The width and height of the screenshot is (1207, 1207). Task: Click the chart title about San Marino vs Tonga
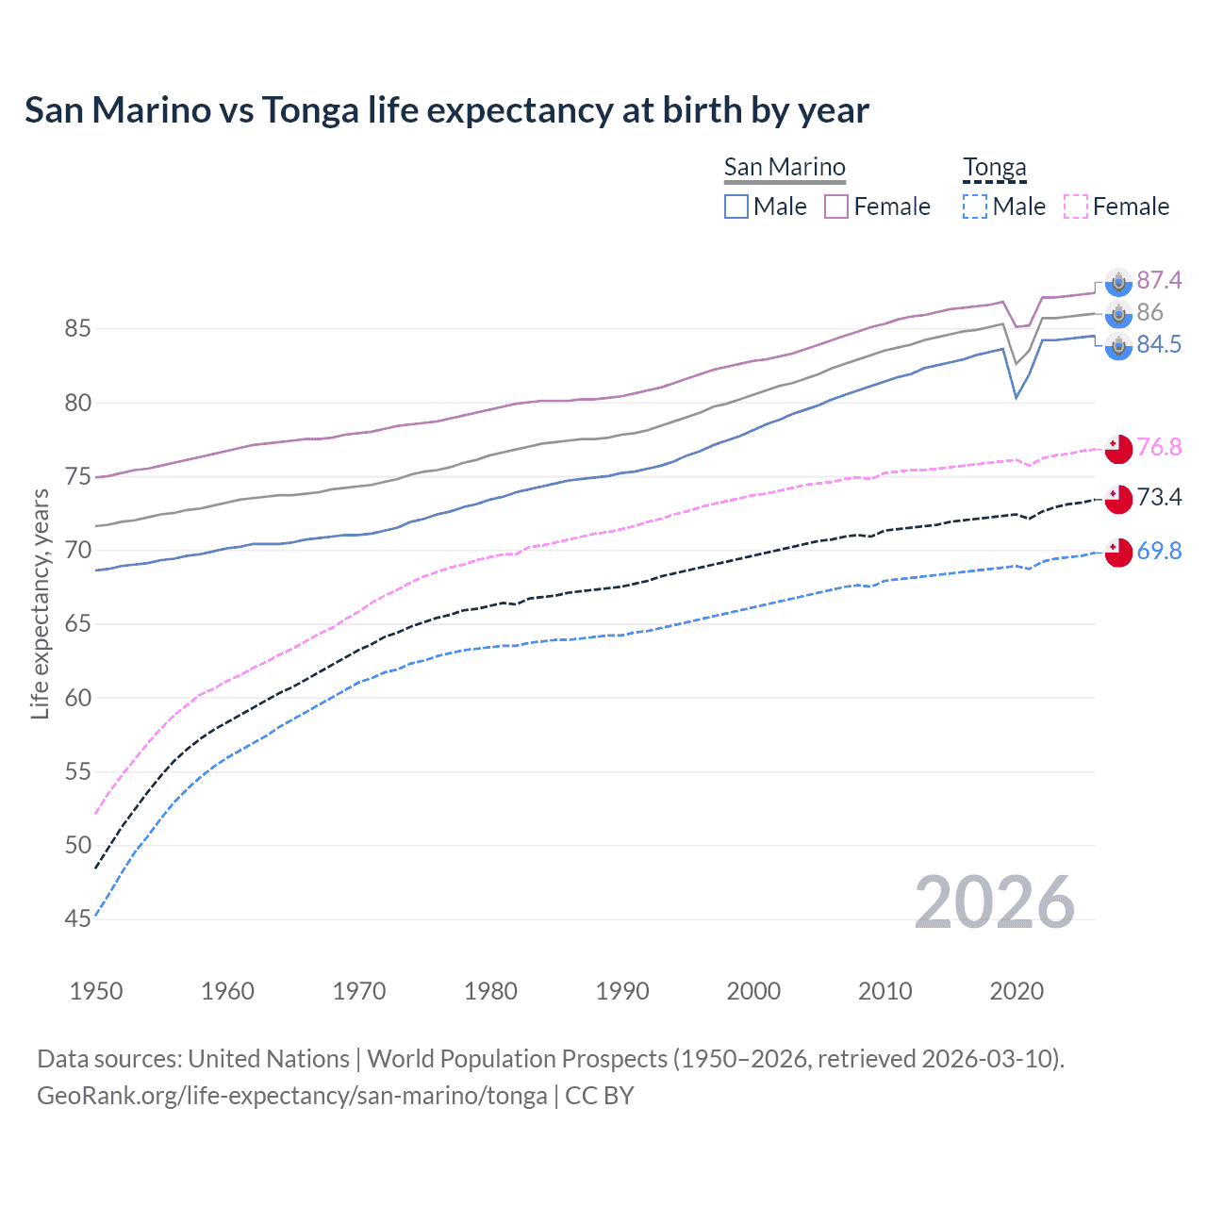(446, 110)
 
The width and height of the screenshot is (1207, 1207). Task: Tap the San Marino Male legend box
(736, 207)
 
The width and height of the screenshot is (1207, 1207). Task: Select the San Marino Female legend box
(836, 207)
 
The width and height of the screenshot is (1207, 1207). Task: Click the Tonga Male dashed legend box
(975, 207)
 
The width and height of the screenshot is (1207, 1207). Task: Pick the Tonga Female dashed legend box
(1076, 207)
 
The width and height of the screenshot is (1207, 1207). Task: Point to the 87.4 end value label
(1159, 280)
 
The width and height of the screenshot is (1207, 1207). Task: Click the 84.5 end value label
(1159, 344)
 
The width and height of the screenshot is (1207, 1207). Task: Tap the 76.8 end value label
(1159, 447)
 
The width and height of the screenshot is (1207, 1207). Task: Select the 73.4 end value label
(1159, 497)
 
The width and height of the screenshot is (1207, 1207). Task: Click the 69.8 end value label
(1159, 551)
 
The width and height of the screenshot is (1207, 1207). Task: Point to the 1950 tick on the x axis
(96, 991)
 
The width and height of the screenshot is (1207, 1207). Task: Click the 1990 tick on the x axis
(622, 991)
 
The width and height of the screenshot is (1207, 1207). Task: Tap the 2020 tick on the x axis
(1017, 991)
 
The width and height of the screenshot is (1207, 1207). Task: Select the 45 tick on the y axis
(78, 918)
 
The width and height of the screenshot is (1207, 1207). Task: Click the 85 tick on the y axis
(78, 329)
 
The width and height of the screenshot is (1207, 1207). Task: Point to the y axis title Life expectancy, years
(40, 603)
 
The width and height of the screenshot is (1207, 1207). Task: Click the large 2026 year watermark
(995, 902)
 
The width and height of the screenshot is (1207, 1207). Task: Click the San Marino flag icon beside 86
(1118, 313)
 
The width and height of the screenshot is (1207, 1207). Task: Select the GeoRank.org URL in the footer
(292, 1096)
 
